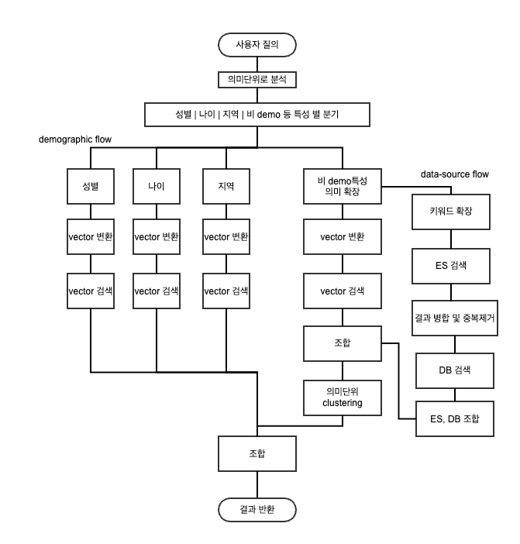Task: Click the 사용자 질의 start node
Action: click(x=257, y=46)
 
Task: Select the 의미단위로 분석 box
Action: click(x=257, y=80)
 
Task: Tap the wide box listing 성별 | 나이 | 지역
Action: click(x=257, y=115)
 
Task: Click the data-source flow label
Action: click(x=454, y=174)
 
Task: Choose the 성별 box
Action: click(x=91, y=188)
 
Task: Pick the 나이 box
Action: click(x=157, y=188)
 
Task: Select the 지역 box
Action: click(x=226, y=188)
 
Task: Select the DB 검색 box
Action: click(x=454, y=370)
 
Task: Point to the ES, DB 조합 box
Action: click(x=454, y=419)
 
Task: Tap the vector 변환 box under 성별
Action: click(x=91, y=236)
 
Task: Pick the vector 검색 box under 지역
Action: click(x=226, y=291)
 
